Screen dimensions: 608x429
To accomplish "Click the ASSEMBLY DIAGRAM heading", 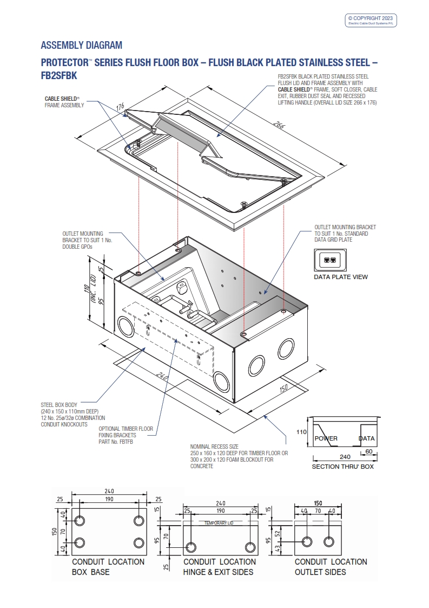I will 81,45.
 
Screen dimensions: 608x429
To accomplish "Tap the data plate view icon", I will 329,260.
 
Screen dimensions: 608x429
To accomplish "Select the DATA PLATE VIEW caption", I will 341,277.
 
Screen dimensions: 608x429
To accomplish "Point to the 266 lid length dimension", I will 279,126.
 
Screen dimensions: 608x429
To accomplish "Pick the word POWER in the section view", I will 326,438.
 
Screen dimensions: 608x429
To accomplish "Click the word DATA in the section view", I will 367,438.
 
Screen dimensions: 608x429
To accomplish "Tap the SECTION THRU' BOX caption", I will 342,467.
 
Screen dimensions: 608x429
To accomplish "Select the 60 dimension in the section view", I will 368,450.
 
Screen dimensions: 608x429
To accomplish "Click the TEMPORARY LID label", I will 219,523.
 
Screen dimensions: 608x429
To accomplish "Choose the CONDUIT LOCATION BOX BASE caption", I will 108,567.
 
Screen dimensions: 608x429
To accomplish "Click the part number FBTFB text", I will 116,442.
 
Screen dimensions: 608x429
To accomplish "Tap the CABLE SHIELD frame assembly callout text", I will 64,102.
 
